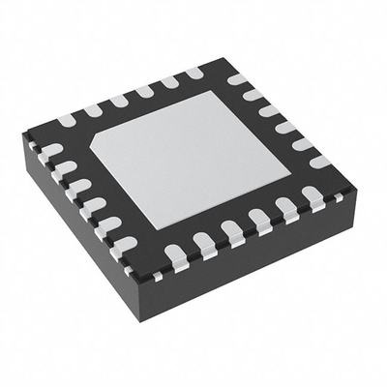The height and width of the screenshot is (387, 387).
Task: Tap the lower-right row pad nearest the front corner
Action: coord(175,256)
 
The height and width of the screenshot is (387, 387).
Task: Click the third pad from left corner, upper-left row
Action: coord(118,102)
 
